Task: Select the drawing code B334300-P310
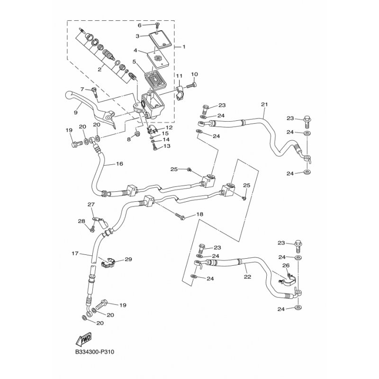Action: coord(94,352)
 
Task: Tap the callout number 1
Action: coord(184,46)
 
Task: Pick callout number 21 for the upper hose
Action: coord(264,104)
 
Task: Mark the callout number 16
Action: coord(119,164)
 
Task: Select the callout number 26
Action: coord(285,266)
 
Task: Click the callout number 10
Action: coord(194,74)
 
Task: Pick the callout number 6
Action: coord(139,25)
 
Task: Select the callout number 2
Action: coord(99,69)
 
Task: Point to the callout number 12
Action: coord(169,127)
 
